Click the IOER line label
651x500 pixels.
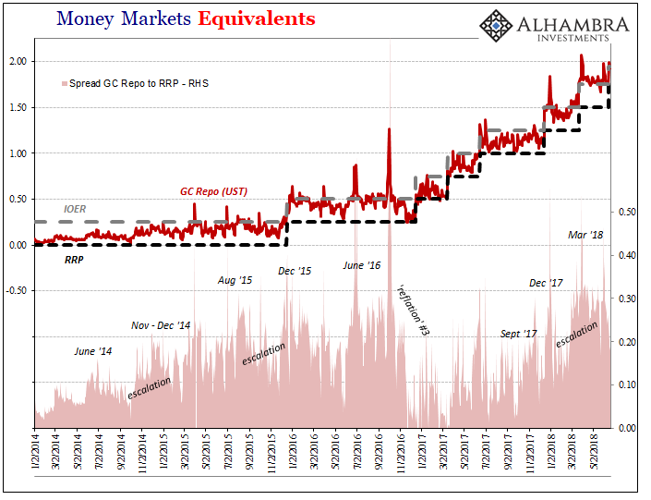75,210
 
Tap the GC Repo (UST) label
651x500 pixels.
214,191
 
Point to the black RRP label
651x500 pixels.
75,261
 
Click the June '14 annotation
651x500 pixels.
92,351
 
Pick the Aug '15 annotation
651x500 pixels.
235,280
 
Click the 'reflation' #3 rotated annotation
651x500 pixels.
412,310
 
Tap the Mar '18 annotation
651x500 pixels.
585,236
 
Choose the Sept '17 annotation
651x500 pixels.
518,334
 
